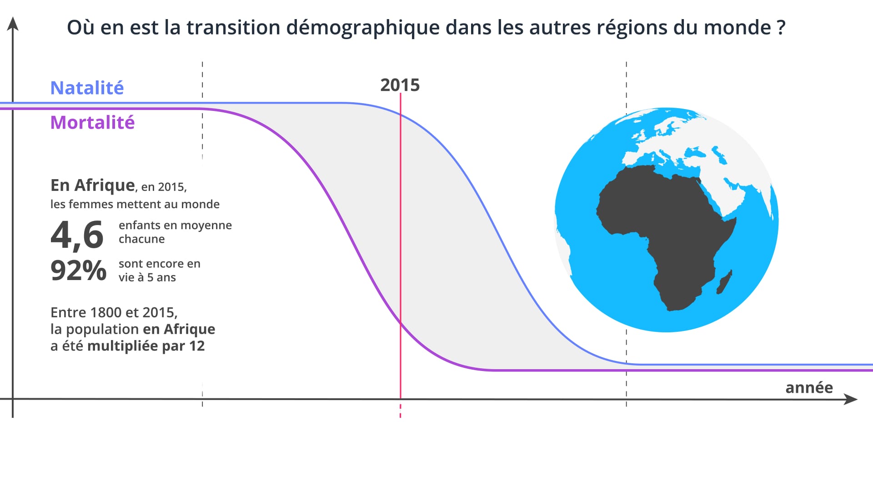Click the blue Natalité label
click(87, 88)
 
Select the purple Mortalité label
click(92, 122)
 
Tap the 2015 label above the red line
click(400, 85)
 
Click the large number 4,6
click(77, 235)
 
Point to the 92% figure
click(78, 271)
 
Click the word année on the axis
click(809, 388)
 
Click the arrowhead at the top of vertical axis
click(13, 24)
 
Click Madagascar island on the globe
click(724, 282)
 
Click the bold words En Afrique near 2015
click(92, 185)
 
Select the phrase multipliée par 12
click(145, 346)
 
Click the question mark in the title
click(781, 27)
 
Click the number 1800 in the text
click(105, 313)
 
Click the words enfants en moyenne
click(175, 225)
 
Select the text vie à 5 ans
click(147, 278)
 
